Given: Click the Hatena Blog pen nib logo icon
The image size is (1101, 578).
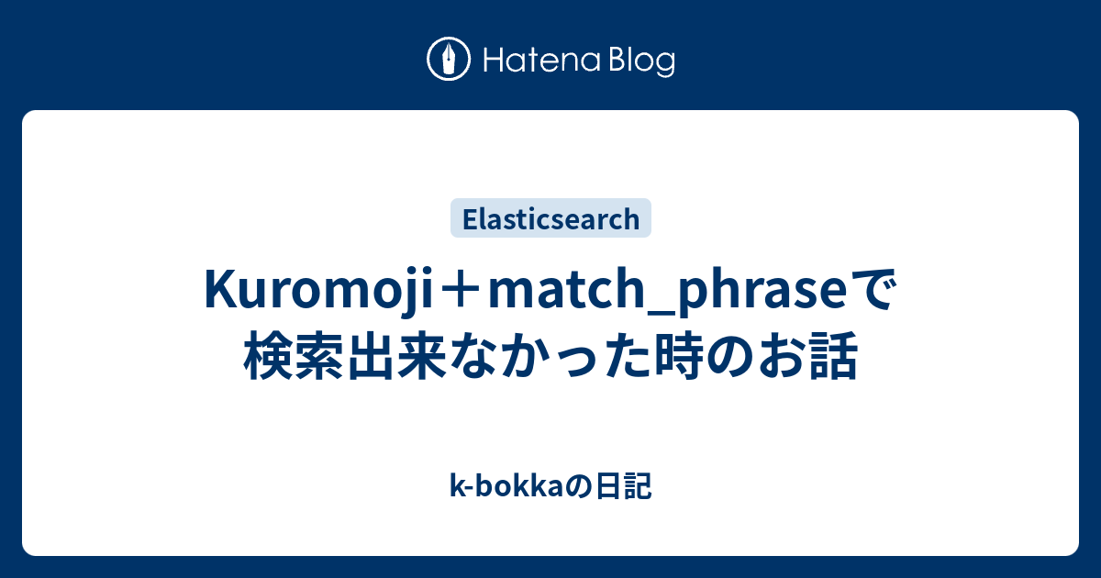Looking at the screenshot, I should [449, 61].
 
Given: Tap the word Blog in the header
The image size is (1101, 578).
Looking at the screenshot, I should [639, 61].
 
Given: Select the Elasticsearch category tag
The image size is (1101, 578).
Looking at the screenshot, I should [550, 218].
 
